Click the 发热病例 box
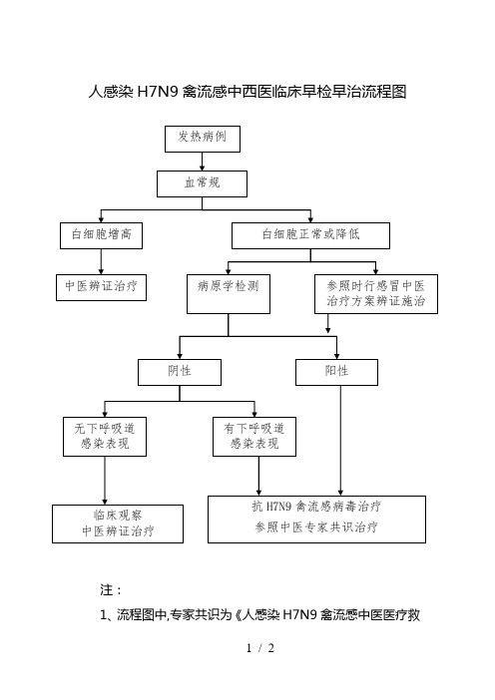(x=203, y=139)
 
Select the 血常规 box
(x=202, y=183)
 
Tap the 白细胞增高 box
(x=102, y=235)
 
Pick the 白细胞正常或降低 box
(x=310, y=235)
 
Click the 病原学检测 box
(x=229, y=294)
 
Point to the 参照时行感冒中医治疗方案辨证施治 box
(x=376, y=294)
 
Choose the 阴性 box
(x=180, y=372)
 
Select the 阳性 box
(x=337, y=372)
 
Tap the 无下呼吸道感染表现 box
(x=105, y=437)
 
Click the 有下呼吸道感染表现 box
(x=254, y=437)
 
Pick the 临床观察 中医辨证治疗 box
(x=118, y=524)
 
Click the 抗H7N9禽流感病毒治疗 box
(x=316, y=520)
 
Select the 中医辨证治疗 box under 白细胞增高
(x=102, y=287)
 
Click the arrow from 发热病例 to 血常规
(x=203, y=162)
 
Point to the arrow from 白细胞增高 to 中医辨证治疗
(x=101, y=261)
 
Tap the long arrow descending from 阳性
(x=341, y=441)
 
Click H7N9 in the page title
(x=158, y=92)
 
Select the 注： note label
(x=111, y=590)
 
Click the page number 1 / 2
(x=260, y=648)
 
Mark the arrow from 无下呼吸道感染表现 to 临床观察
(x=105, y=481)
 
